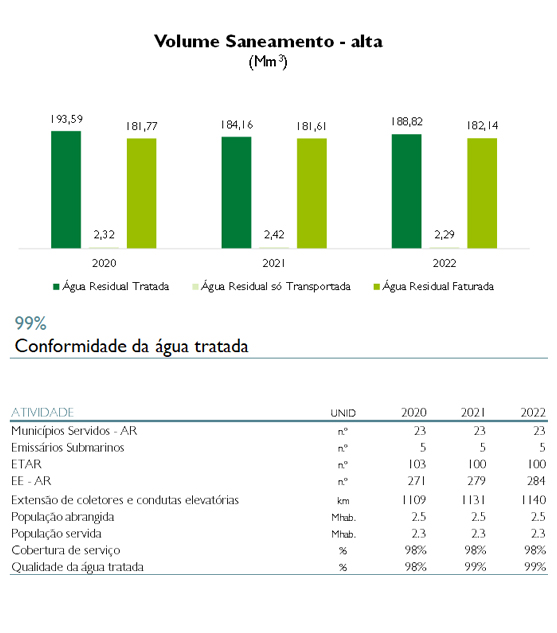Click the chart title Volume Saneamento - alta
point(268,41)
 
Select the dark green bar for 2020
point(66,189)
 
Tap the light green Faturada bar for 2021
point(312,193)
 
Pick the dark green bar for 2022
point(406,191)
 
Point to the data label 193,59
point(67,119)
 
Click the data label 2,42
point(274,235)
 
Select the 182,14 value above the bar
point(482,126)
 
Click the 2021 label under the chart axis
point(274,263)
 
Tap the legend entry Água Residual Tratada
point(111,286)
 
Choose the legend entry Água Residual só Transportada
point(271,286)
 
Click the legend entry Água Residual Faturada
point(434,286)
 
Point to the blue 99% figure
point(31,323)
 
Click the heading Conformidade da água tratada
point(131,346)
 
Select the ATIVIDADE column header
point(42,412)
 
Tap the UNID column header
point(343,413)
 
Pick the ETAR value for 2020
point(417,464)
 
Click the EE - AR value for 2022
point(536,481)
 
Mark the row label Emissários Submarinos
point(68,447)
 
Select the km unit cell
point(343,501)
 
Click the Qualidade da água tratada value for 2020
point(416,567)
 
